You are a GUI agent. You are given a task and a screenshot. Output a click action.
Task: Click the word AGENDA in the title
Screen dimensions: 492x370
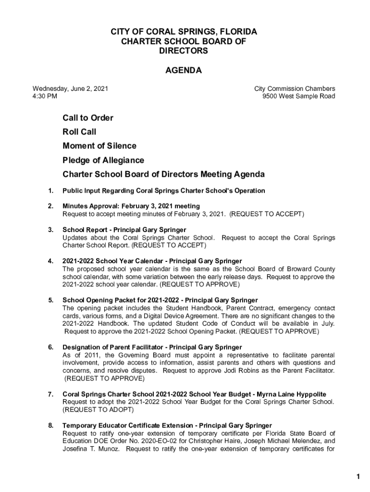click(184, 71)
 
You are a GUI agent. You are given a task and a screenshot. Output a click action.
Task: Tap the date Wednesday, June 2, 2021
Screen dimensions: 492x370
click(70, 88)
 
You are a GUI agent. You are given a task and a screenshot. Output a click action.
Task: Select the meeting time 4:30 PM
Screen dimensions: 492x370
click(45, 96)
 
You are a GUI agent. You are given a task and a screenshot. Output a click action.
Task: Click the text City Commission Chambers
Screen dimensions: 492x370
click(295, 88)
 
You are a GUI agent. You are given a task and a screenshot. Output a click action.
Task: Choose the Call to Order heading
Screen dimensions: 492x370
click(88, 118)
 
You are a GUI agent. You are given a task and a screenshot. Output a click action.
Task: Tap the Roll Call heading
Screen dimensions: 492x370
click(79, 132)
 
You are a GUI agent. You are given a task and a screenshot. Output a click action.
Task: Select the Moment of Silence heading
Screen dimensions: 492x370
click(99, 146)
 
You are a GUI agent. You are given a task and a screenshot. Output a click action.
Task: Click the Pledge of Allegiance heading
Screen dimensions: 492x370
click(103, 160)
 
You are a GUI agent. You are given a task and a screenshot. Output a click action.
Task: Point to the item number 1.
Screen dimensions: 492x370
click(50, 191)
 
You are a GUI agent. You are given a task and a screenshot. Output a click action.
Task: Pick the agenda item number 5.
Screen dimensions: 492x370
click(50, 300)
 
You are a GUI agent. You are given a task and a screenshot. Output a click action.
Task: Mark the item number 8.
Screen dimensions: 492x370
click(50, 425)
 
